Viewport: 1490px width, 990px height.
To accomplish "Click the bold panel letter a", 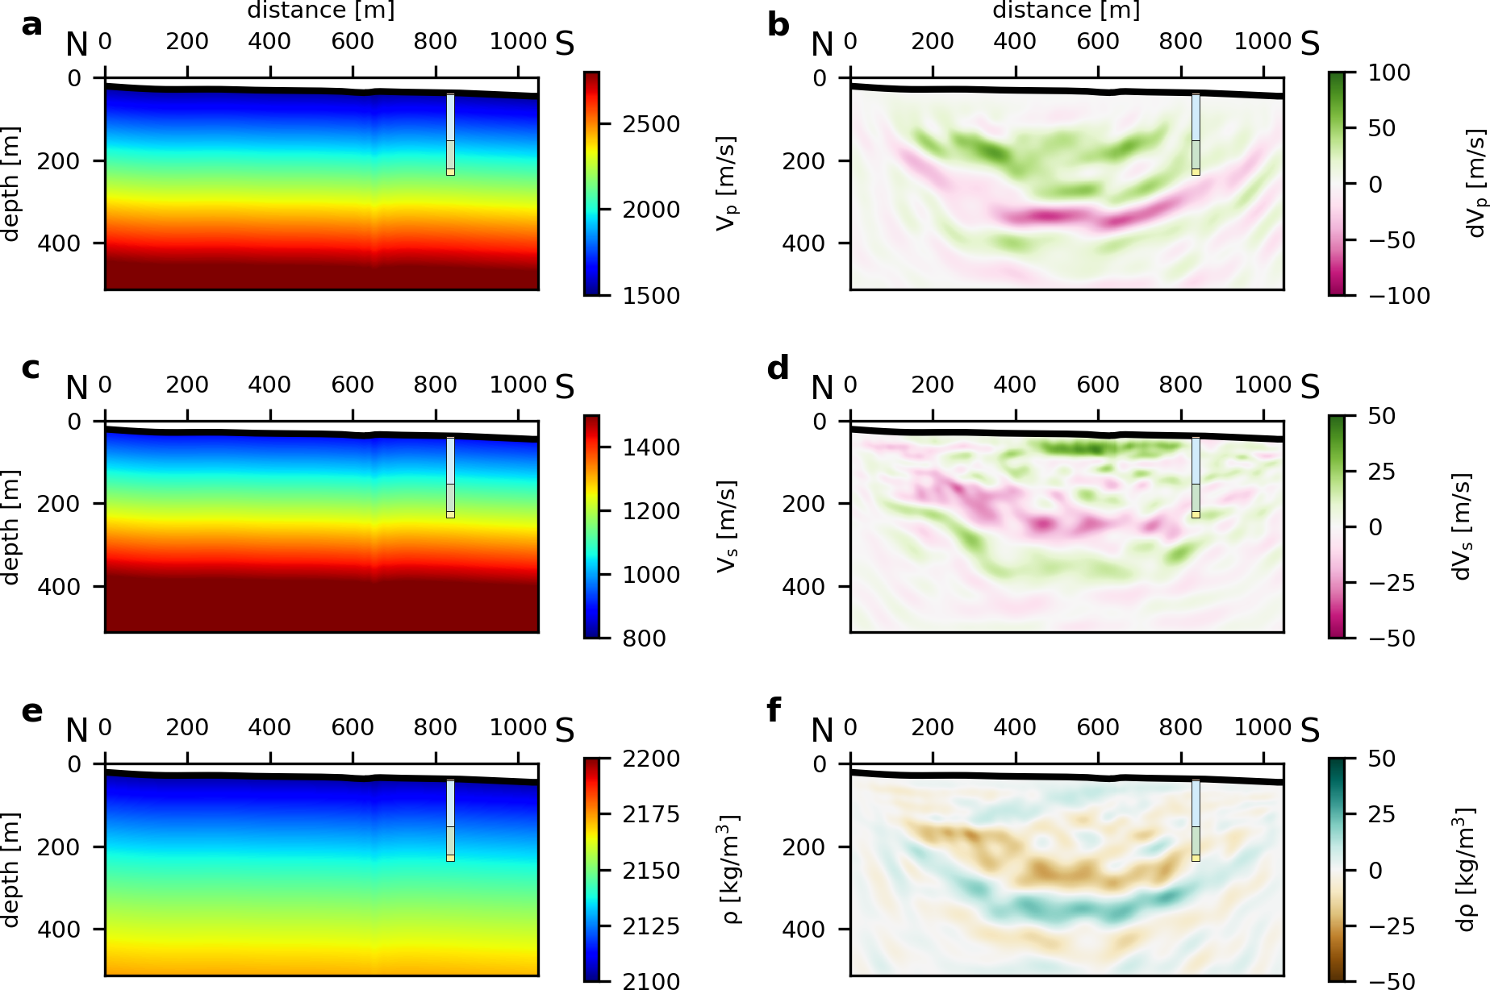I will [x=31, y=26].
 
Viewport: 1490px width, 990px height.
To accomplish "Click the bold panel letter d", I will [x=778, y=369].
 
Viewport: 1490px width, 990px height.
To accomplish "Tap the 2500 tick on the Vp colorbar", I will [x=650, y=124].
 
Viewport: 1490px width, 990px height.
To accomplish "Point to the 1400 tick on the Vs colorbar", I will [x=650, y=447].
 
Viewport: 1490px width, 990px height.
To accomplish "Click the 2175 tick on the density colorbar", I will [x=650, y=814].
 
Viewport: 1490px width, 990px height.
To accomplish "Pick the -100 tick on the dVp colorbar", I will [x=1399, y=296].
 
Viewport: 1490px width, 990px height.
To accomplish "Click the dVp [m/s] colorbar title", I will [x=1475, y=184].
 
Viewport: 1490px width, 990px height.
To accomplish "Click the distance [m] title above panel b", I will [x=1065, y=10].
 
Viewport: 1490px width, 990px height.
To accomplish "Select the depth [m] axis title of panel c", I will [x=10, y=527].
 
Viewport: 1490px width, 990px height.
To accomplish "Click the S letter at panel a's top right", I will [x=565, y=44].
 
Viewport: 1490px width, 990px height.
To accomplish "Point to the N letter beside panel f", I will [x=821, y=730].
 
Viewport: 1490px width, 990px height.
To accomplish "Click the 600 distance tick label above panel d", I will [x=1097, y=385].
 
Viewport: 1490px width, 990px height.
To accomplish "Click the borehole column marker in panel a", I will [x=450, y=134].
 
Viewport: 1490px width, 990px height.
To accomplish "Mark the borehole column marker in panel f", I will [x=1196, y=820].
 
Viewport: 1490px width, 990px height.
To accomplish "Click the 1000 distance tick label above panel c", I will [x=518, y=385].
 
